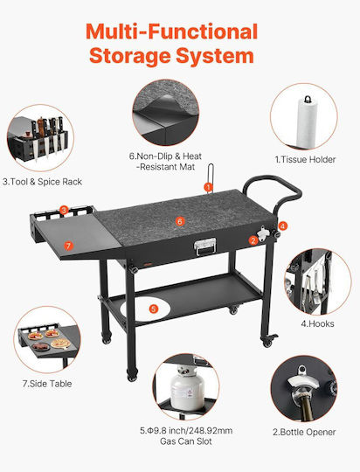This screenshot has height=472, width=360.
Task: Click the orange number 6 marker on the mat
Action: [180, 221]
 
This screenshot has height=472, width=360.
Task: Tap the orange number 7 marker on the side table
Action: [69, 246]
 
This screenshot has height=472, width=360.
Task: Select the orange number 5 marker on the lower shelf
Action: [154, 309]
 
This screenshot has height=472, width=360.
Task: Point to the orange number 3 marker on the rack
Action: [64, 210]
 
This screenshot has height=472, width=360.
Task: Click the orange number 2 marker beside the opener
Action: [253, 240]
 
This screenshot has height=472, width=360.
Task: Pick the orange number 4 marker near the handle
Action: [283, 226]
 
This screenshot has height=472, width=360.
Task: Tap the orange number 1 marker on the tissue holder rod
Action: [208, 187]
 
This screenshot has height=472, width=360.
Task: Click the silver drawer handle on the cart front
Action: [204, 246]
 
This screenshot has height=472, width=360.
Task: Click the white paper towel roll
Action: [307, 123]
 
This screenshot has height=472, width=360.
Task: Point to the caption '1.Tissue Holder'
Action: [305, 160]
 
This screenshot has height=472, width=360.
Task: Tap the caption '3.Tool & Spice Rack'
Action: [42, 182]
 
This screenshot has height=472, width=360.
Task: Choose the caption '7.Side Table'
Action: [47, 384]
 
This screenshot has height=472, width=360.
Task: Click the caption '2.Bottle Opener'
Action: [304, 433]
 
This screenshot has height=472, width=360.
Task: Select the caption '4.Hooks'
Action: [317, 324]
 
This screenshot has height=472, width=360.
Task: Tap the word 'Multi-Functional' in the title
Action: [172, 31]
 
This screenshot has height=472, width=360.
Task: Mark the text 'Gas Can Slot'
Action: [186, 441]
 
